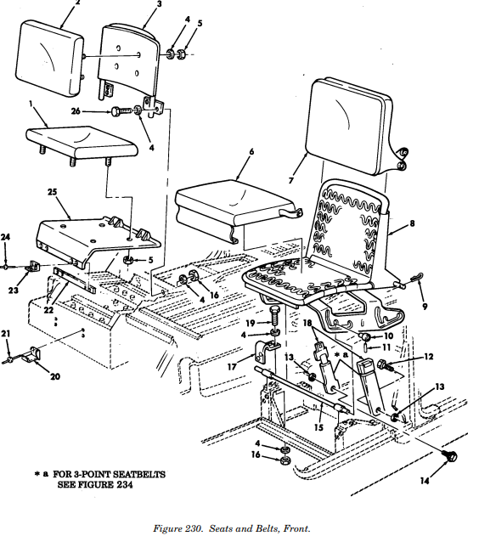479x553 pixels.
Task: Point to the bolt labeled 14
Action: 450,456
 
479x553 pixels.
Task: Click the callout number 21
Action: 7,333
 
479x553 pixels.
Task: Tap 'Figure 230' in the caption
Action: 178,529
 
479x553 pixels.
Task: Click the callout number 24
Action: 6,236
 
